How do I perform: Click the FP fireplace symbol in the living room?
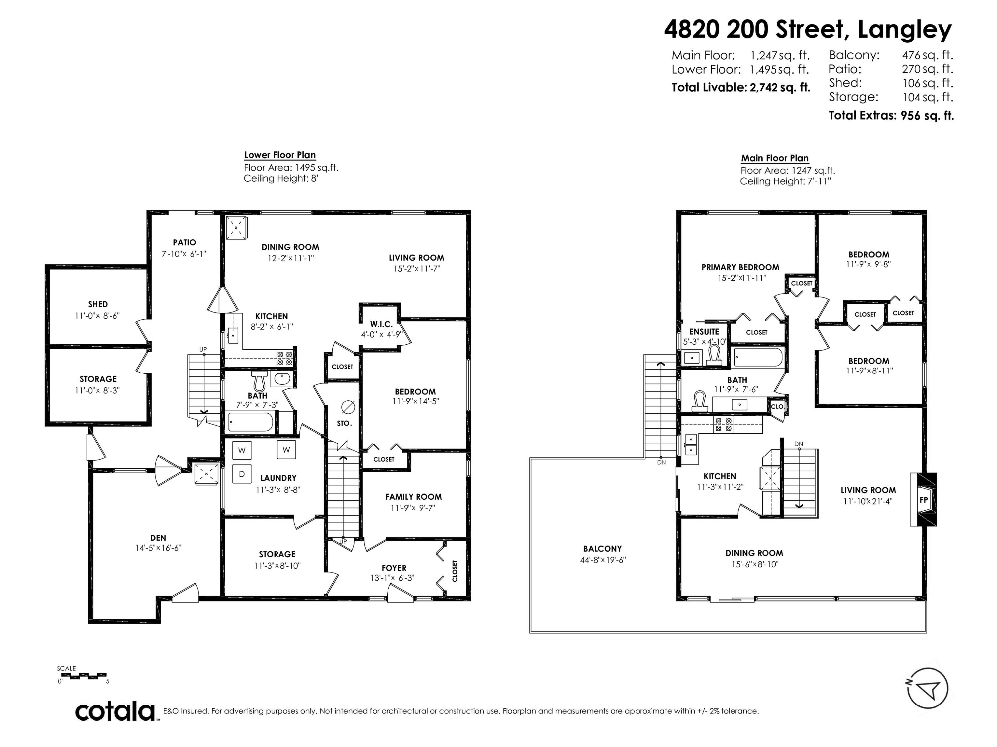click(923, 499)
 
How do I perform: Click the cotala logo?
click(115, 711)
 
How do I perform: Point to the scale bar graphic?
click(82, 675)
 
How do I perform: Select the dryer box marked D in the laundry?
click(242, 474)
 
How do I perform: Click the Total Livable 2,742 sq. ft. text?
click(740, 87)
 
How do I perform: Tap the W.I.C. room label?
click(381, 324)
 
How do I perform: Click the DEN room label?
click(158, 538)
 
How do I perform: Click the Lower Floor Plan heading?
click(279, 155)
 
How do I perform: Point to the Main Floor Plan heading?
click(775, 158)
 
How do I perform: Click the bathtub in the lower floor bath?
click(251, 422)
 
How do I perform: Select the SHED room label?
click(98, 304)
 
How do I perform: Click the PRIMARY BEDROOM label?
click(740, 267)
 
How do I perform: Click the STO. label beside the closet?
click(344, 423)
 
